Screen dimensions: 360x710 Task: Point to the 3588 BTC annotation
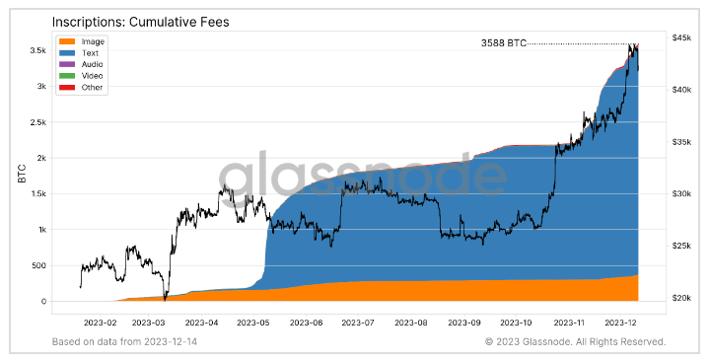504,43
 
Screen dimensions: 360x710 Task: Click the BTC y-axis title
22,176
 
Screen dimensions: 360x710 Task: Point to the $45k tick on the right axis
680,37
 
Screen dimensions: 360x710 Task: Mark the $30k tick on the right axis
680,193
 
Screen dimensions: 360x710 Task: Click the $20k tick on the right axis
680,298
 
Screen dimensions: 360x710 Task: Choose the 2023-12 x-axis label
623,322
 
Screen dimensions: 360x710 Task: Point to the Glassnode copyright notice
576,341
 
